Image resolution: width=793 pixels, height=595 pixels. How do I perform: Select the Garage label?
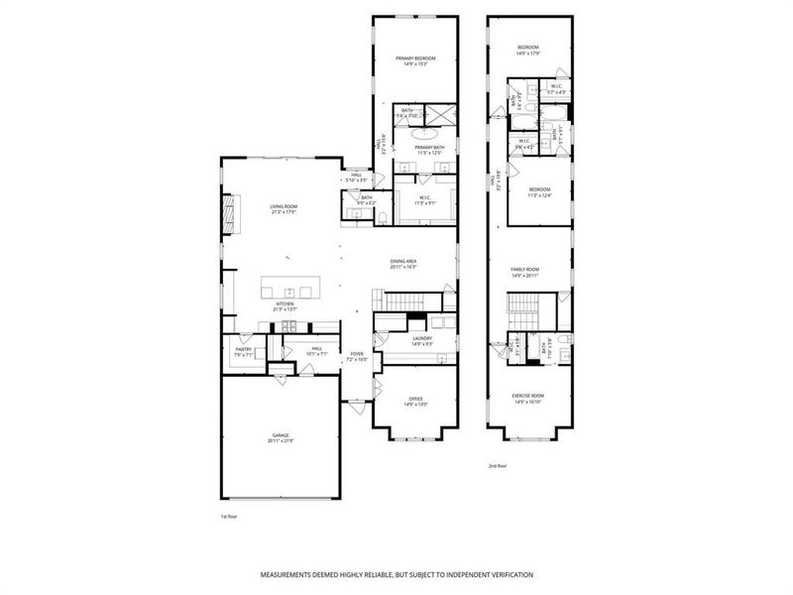pyautogui.click(x=282, y=437)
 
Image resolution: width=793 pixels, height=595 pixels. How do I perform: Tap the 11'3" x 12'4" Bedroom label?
pyautogui.click(x=539, y=191)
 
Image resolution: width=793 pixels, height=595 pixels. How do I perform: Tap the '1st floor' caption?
pyautogui.click(x=230, y=517)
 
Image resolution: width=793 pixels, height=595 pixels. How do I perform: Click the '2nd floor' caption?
pyautogui.click(x=498, y=464)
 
